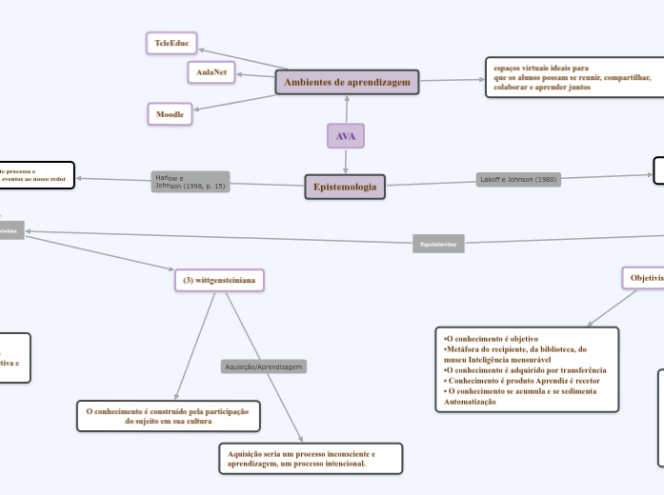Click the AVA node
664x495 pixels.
click(345, 136)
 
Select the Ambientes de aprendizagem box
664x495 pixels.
click(348, 83)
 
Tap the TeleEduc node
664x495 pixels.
click(171, 43)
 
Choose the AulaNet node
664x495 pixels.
click(211, 71)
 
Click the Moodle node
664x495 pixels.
click(170, 114)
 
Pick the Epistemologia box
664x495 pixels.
click(345, 187)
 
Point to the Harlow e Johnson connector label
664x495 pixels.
click(190, 182)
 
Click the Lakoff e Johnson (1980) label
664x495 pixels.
click(517, 179)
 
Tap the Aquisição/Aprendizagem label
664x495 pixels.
click(264, 366)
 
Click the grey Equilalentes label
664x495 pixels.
click(439, 244)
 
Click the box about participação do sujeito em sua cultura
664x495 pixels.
click(167, 416)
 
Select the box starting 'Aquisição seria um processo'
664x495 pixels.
click(310, 459)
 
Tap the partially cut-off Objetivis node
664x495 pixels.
click(643, 277)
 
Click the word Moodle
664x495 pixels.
click(170, 114)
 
